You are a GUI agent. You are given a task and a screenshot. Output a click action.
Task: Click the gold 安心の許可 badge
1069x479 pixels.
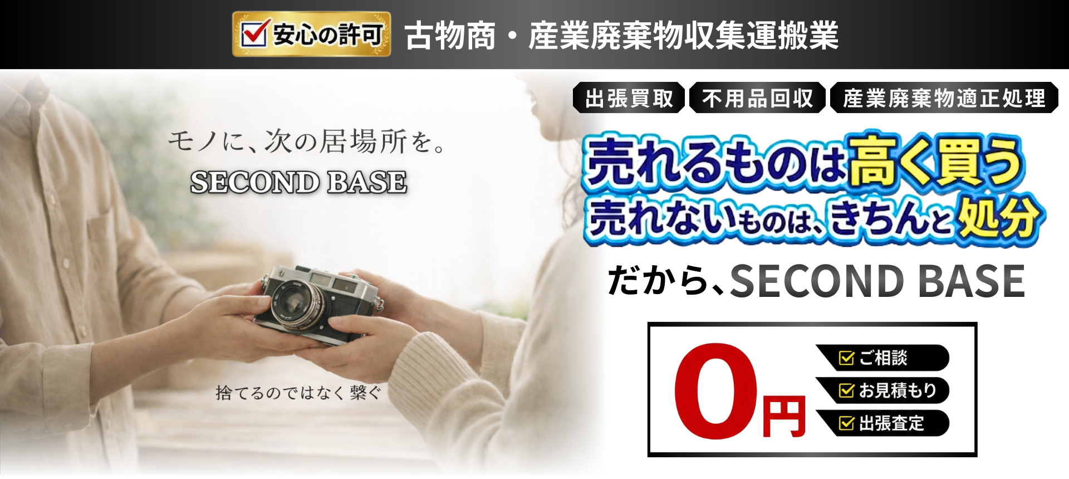point(311,35)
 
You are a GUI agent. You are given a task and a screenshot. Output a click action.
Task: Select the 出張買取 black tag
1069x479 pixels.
point(629,98)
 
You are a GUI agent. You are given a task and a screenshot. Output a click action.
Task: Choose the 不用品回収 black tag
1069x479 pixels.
point(757,98)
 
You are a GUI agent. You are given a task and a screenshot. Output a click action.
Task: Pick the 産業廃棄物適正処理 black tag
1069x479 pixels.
point(944,98)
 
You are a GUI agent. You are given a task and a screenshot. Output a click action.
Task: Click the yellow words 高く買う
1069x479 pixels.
point(935,162)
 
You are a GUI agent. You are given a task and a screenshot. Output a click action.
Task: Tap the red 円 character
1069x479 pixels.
point(784,416)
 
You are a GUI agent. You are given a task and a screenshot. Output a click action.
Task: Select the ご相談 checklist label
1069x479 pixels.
point(882,358)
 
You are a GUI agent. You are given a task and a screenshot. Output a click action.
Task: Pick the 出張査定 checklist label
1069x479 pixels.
point(882,423)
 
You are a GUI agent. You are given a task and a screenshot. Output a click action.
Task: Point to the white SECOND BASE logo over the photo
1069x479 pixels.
point(298,182)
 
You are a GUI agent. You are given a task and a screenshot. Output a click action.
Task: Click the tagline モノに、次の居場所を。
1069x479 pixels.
point(306,140)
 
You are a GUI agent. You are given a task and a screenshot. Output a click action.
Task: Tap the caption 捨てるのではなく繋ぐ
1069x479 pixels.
point(298,393)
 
